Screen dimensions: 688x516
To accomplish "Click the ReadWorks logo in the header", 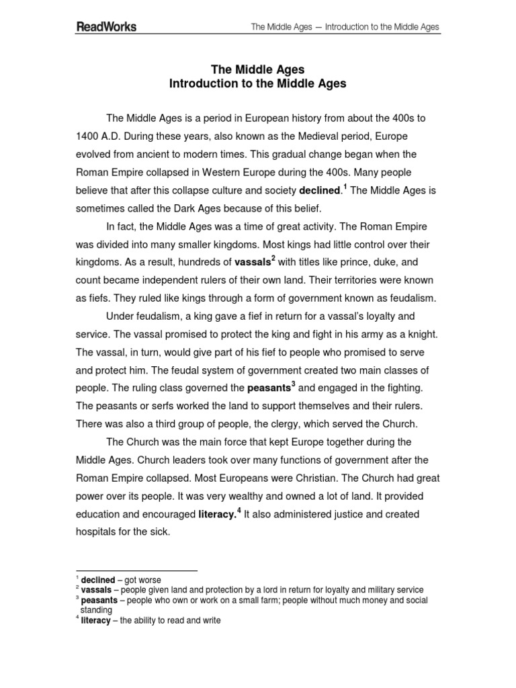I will [x=105, y=27].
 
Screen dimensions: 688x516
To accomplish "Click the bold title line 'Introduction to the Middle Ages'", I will [x=257, y=84].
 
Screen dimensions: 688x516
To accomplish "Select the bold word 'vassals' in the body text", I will [x=252, y=261].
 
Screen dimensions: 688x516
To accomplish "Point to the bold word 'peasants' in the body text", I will [x=269, y=388].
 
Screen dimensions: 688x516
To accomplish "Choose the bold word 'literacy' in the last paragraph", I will [x=218, y=515].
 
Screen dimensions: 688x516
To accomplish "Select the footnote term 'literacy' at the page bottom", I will [x=96, y=621].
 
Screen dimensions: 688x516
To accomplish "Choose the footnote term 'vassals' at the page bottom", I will [x=96, y=590].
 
